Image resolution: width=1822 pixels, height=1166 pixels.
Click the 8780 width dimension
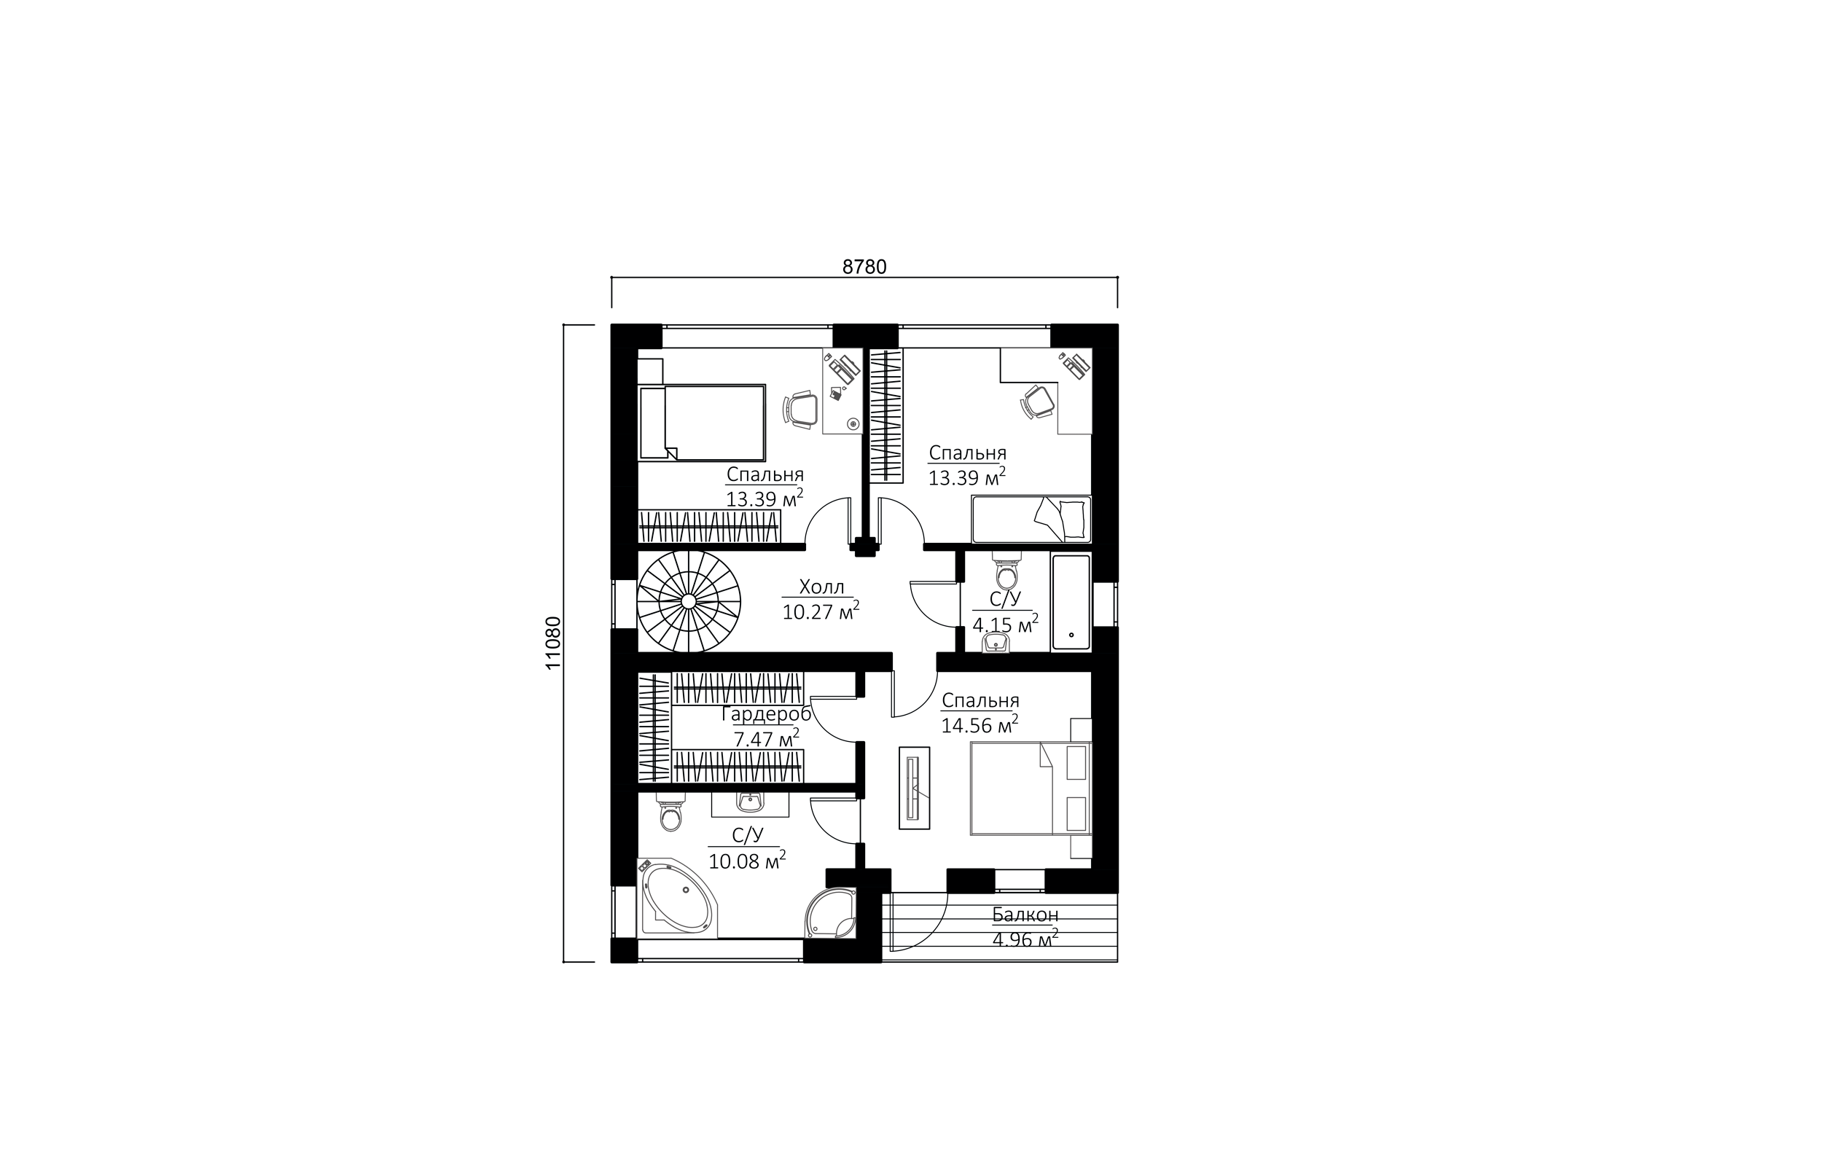click(x=864, y=267)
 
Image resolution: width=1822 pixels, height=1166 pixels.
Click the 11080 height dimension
click(x=553, y=642)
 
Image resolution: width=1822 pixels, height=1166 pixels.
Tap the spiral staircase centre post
click(x=688, y=600)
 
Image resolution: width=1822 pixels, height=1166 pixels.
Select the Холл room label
click(x=821, y=587)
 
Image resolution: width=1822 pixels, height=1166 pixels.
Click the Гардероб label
click(x=766, y=714)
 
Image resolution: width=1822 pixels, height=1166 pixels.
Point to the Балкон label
click(x=1025, y=915)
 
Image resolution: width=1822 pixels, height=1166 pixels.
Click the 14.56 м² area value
click(x=980, y=724)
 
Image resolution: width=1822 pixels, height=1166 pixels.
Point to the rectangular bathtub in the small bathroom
click(x=1071, y=602)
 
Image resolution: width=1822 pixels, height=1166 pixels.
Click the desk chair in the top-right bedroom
click(x=1039, y=401)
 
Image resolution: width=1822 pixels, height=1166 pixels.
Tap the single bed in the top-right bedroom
click(x=1031, y=520)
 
